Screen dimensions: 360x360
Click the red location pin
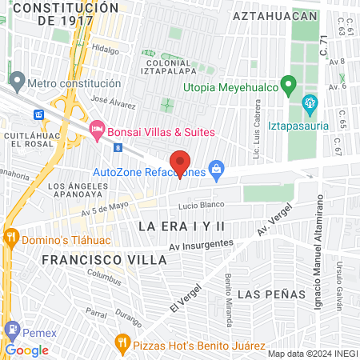point(180,163)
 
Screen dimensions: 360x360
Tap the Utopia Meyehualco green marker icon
point(292,84)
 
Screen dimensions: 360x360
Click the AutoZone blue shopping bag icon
point(215,169)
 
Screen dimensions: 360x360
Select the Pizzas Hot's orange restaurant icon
point(122,344)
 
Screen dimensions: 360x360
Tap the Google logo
point(26,350)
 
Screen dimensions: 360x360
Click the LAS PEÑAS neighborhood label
point(272,294)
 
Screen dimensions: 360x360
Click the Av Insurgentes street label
point(201,246)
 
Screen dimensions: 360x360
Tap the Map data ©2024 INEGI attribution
point(312,353)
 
